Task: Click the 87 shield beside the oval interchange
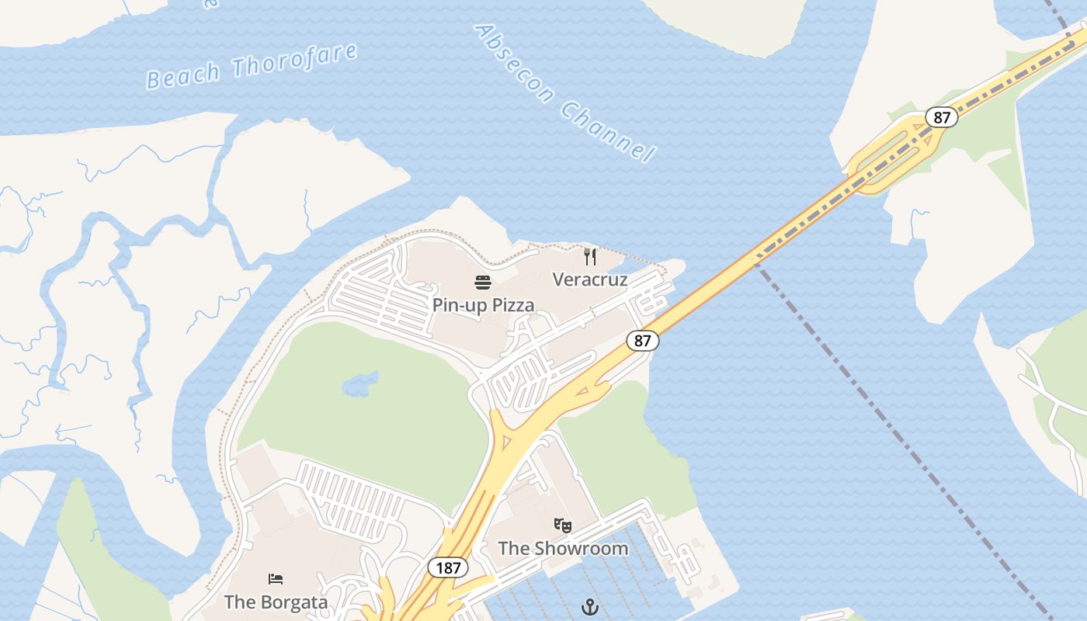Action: click(941, 117)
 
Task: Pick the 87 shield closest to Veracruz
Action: click(642, 340)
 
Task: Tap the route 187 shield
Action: click(448, 567)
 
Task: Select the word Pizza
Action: click(510, 305)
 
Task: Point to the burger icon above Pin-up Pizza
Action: click(483, 282)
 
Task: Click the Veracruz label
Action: click(589, 279)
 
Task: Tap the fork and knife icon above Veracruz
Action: click(590, 256)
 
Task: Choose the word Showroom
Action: click(581, 548)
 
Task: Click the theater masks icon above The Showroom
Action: click(563, 526)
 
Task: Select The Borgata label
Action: click(276, 602)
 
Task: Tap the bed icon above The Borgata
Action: click(276, 579)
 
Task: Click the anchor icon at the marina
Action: click(590, 605)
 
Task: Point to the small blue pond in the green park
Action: click(359, 383)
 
